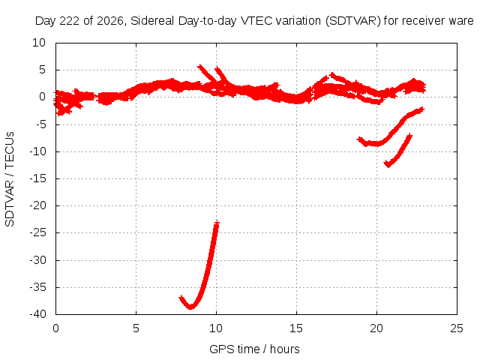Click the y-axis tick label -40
[x=37, y=314]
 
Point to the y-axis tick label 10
[x=39, y=43]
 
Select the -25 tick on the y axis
[x=37, y=232]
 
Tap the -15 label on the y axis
[x=37, y=178]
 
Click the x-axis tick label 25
[x=457, y=328]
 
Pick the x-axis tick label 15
[x=296, y=328]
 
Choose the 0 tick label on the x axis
[x=55, y=328]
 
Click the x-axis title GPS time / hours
[x=254, y=349]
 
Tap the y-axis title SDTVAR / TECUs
[x=10, y=179]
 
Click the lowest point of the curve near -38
[x=190, y=307]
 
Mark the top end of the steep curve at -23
[x=217, y=222]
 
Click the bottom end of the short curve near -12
[x=388, y=165]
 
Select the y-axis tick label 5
[x=42, y=70]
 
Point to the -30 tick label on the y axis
[x=37, y=260]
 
